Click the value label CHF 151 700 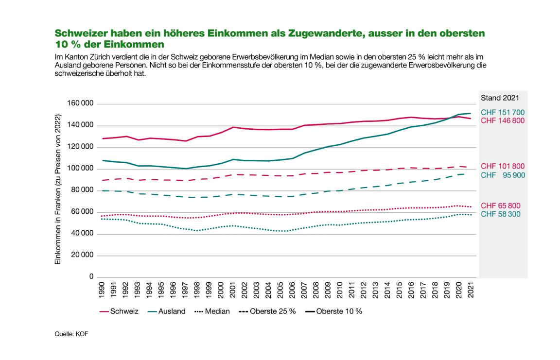pyautogui.click(x=503, y=113)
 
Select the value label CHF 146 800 pyautogui.click(x=503, y=120)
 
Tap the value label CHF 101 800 pyautogui.click(x=503, y=166)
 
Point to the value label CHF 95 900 pyautogui.click(x=503, y=175)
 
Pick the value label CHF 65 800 pyautogui.click(x=503, y=206)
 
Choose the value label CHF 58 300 pyautogui.click(x=503, y=214)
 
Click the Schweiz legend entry pyautogui.click(x=119, y=311)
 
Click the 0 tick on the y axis pyautogui.click(x=91, y=277)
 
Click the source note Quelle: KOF pyautogui.click(x=71, y=334)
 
